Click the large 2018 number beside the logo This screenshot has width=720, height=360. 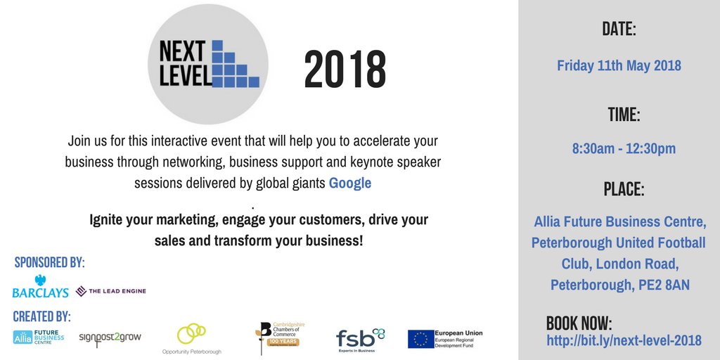[345, 70]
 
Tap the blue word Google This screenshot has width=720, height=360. [350, 184]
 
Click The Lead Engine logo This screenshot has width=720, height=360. [110, 290]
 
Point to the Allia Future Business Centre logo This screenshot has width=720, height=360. [38, 337]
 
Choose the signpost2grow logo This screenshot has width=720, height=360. [110, 339]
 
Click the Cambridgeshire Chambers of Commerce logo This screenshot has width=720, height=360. [280, 338]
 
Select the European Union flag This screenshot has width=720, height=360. [421, 339]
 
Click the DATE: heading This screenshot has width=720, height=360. [619, 30]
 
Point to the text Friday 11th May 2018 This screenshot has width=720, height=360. [619, 65]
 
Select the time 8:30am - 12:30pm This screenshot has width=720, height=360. [624, 149]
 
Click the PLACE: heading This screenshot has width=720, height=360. [623, 190]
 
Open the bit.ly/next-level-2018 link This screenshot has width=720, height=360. [624, 341]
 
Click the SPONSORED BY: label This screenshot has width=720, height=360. [49, 263]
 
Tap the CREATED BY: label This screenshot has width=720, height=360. [41, 316]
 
